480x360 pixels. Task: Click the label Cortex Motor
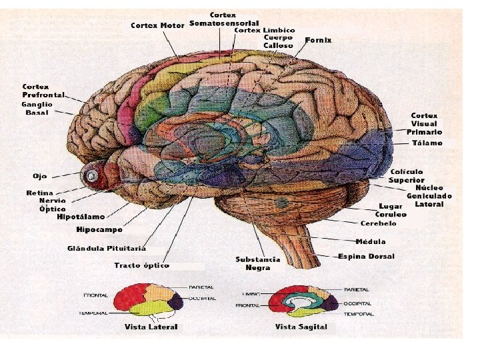[158, 26]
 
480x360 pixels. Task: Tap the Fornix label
[318, 41]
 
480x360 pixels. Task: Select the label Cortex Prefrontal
[43, 91]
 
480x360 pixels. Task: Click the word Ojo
[40, 176]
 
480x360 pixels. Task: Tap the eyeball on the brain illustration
[91, 176]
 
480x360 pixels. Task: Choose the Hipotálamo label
[81, 217]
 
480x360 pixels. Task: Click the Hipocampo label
[99, 230]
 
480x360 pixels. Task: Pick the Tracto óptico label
[141, 265]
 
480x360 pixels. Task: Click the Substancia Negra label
[257, 263]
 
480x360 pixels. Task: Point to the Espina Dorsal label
[366, 256]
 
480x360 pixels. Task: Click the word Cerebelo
[378, 223]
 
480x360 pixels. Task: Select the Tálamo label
[426, 143]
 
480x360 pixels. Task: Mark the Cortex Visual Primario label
[424, 124]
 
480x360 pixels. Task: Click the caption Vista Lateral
[151, 327]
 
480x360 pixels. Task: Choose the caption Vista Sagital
[301, 327]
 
